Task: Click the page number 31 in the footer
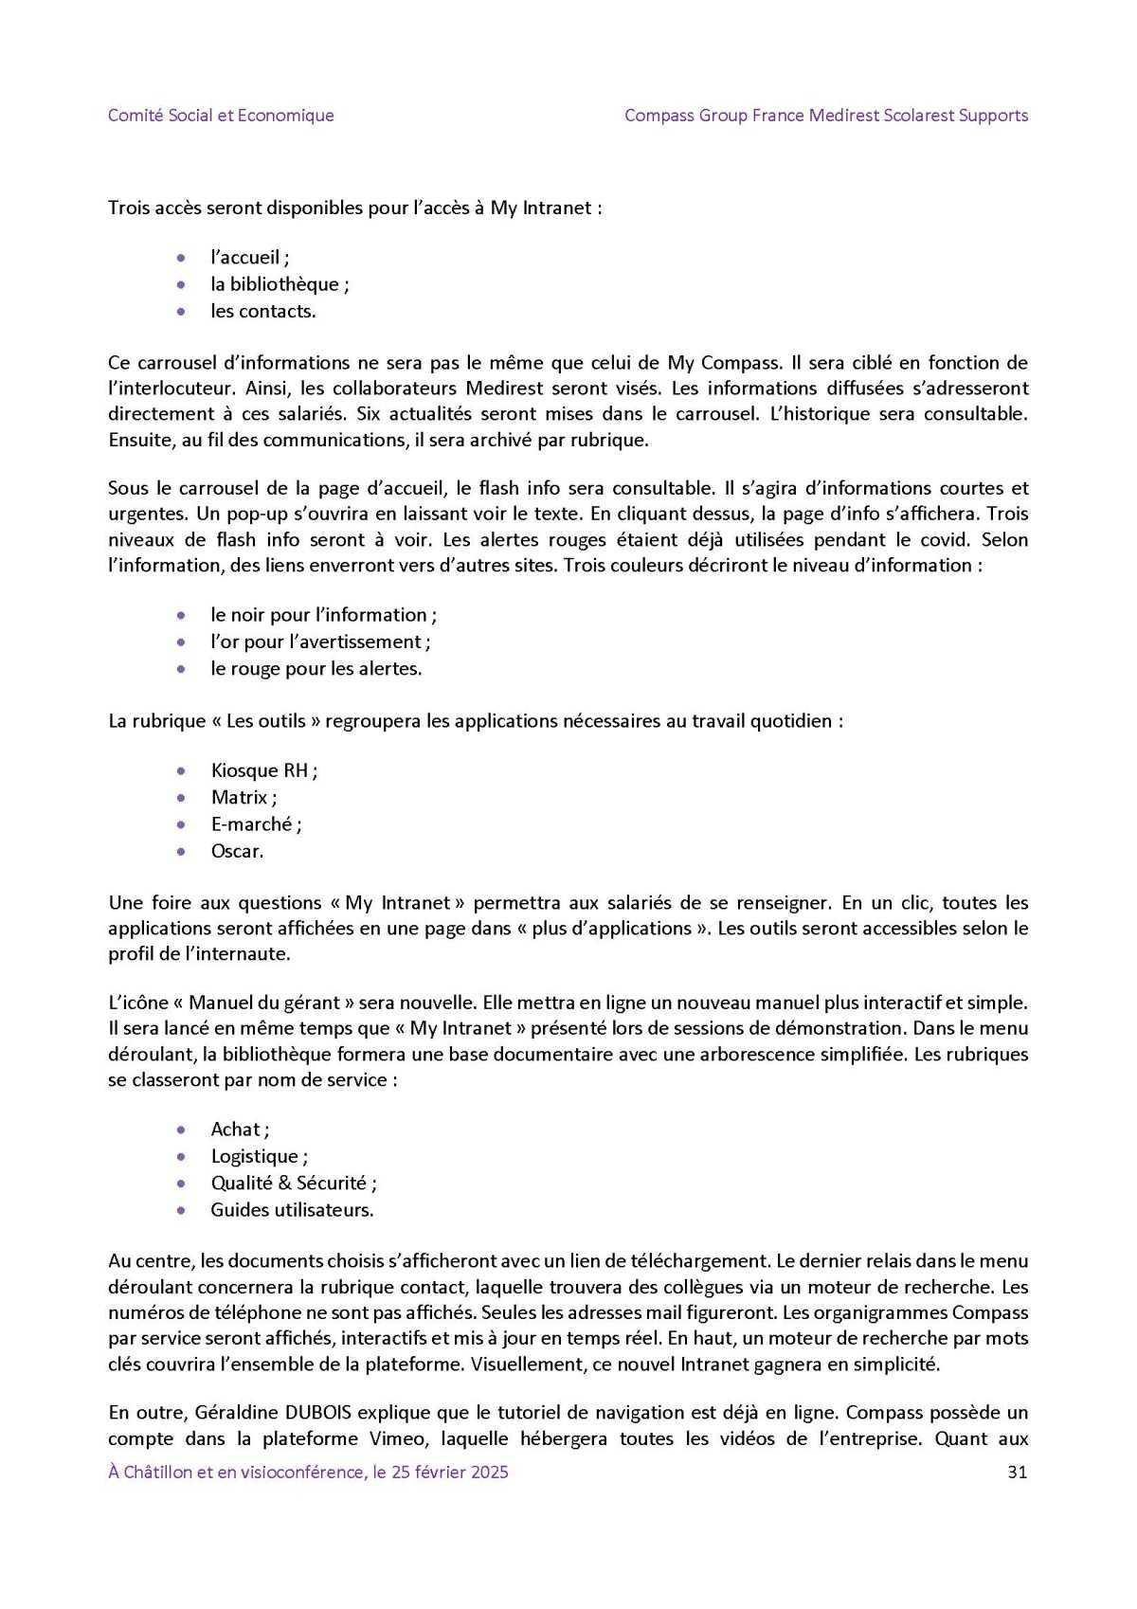pyautogui.click(x=1018, y=1472)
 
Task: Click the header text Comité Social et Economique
pyautogui.click(x=221, y=116)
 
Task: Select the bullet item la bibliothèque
pyautogui.click(x=280, y=284)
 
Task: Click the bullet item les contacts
pyautogui.click(x=262, y=311)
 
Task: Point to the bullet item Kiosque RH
pyautogui.click(x=263, y=770)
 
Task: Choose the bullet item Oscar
pyautogui.click(x=237, y=851)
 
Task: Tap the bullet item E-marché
pyautogui.click(x=255, y=824)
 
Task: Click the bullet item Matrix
pyautogui.click(x=244, y=797)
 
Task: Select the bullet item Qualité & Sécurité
pyautogui.click(x=293, y=1183)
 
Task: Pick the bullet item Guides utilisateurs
pyautogui.click(x=292, y=1209)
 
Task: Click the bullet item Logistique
pyautogui.click(x=259, y=1156)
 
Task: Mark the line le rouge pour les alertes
pyautogui.click(x=316, y=668)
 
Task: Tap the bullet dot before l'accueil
pyautogui.click(x=181, y=257)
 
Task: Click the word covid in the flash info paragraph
pyautogui.click(x=948, y=540)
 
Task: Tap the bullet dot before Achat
pyautogui.click(x=181, y=1130)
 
